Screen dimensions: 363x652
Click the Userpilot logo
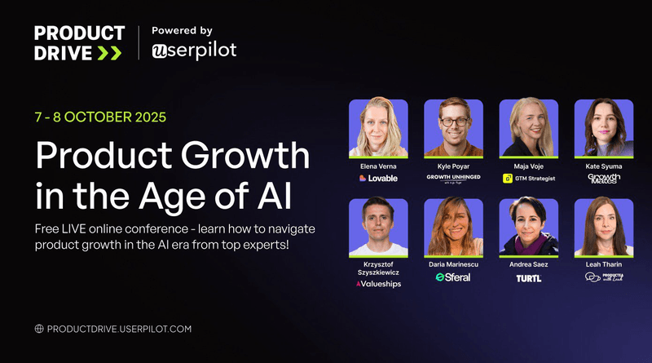(194, 51)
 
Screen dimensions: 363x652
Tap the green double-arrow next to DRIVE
(109, 53)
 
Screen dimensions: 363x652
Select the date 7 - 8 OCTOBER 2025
(100, 117)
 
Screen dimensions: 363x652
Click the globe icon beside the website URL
(38, 329)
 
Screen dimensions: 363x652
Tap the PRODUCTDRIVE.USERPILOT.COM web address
(119, 329)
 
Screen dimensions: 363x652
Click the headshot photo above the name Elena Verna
(377, 128)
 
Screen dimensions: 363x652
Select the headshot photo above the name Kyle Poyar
(453, 128)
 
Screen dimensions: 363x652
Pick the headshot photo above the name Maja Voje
(528, 128)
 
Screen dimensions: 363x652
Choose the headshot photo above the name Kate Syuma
(603, 128)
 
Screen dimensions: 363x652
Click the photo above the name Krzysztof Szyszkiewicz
(377, 226)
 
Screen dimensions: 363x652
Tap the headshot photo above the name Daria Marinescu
(453, 226)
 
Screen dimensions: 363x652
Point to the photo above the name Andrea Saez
(528, 226)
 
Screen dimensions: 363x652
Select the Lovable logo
(378, 178)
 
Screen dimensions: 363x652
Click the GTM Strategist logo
(529, 178)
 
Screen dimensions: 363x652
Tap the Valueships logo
(378, 284)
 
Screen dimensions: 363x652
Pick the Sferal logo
(453, 277)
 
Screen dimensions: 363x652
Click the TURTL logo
(528, 277)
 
